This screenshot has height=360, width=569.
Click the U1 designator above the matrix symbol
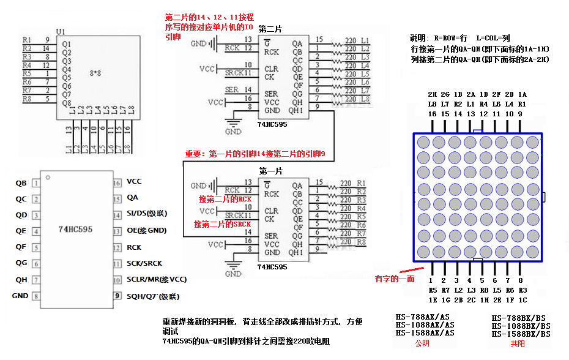coord(60,31)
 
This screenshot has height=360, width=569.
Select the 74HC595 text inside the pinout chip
coord(75,230)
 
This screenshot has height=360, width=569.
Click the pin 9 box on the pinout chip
coord(116,296)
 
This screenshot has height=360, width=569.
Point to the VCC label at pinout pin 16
coord(134,181)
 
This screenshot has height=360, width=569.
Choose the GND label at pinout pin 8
coord(20,296)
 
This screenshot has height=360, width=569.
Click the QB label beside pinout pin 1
coord(21,182)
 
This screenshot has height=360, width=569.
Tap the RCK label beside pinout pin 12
coord(134,247)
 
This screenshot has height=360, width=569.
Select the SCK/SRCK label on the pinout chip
coord(144,263)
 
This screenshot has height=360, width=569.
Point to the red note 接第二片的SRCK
coord(222,224)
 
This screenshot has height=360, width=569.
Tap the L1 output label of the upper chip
coord(365,40)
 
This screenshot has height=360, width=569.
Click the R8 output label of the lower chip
coord(361,242)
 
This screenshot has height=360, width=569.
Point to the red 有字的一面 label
coord(395,279)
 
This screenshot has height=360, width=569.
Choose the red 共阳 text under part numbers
coord(518,343)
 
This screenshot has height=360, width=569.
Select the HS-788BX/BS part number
coord(519,318)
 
